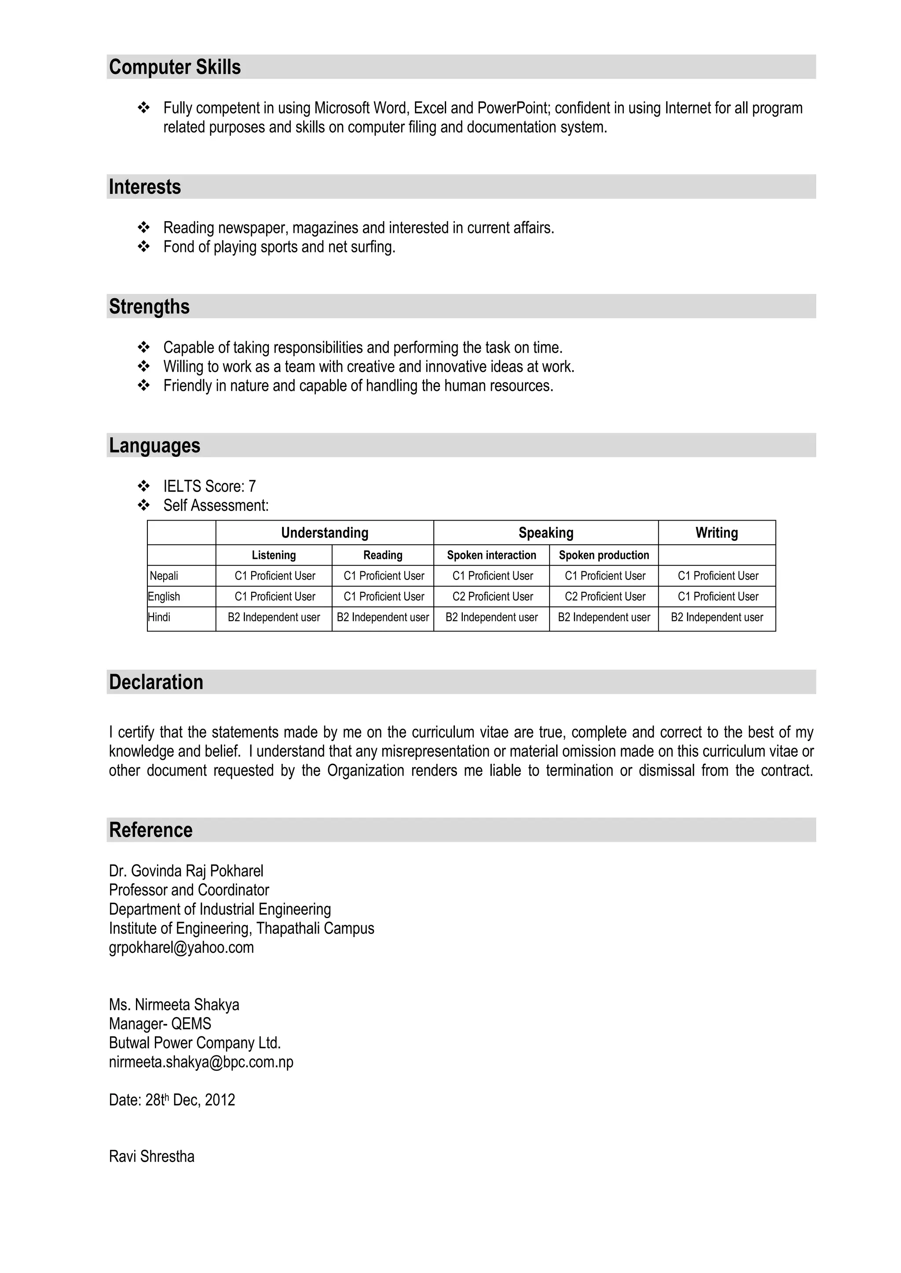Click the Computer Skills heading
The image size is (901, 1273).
click(x=175, y=67)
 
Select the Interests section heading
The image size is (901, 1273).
click(x=145, y=187)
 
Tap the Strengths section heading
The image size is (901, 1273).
click(x=149, y=306)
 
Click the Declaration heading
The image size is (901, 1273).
click(x=156, y=682)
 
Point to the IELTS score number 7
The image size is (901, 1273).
click(x=252, y=486)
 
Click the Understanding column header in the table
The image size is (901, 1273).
click(x=325, y=533)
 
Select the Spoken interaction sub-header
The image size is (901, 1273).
click(x=491, y=555)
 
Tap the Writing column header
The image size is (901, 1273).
click(x=716, y=533)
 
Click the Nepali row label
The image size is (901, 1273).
click(x=164, y=576)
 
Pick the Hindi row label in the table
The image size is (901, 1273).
click(x=159, y=617)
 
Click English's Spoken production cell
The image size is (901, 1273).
click(x=605, y=597)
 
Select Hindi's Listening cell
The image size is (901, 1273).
click(x=274, y=617)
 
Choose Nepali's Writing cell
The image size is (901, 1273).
click(x=718, y=576)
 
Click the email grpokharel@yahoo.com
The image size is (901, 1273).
click(x=181, y=948)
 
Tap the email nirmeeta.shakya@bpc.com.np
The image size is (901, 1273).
click(x=201, y=1062)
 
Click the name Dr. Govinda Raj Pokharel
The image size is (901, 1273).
click(x=186, y=871)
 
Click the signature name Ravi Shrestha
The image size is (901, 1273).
click(x=151, y=1156)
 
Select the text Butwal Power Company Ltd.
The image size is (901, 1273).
click(x=195, y=1043)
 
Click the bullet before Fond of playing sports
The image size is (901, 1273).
click(x=144, y=247)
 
